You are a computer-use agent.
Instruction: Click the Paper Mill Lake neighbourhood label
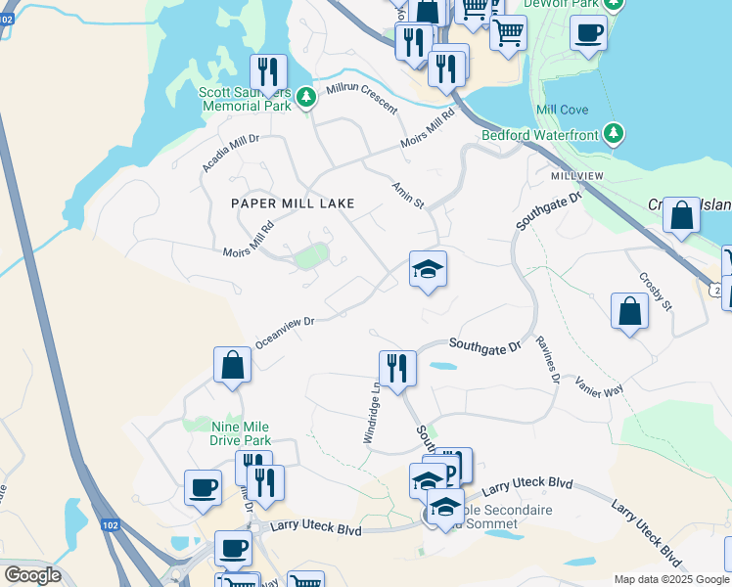[291, 203]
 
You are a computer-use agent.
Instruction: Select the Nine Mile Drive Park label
[241, 433]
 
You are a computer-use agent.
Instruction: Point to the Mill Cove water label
[563, 111]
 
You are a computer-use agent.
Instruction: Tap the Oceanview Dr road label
[284, 332]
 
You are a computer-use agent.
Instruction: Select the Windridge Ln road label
[372, 412]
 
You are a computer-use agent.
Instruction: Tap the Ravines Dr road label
[547, 359]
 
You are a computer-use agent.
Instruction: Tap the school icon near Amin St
[428, 267]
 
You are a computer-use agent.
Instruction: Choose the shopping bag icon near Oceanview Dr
[233, 364]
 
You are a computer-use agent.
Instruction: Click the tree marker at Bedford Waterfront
[615, 133]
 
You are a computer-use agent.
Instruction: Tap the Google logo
[32, 575]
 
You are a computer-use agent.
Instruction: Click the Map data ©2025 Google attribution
[672, 579]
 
